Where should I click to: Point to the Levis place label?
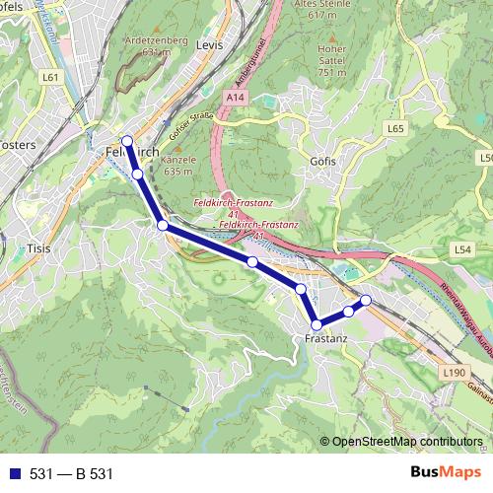[209, 45]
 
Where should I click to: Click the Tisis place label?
[39, 248]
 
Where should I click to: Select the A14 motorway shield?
[234, 99]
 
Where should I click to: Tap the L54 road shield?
[462, 251]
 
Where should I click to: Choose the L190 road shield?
[454, 372]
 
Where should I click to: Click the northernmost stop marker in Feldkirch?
[127, 141]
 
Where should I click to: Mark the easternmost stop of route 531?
[366, 300]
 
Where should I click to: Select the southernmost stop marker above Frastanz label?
[317, 324]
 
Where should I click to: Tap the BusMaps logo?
[445, 473]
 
